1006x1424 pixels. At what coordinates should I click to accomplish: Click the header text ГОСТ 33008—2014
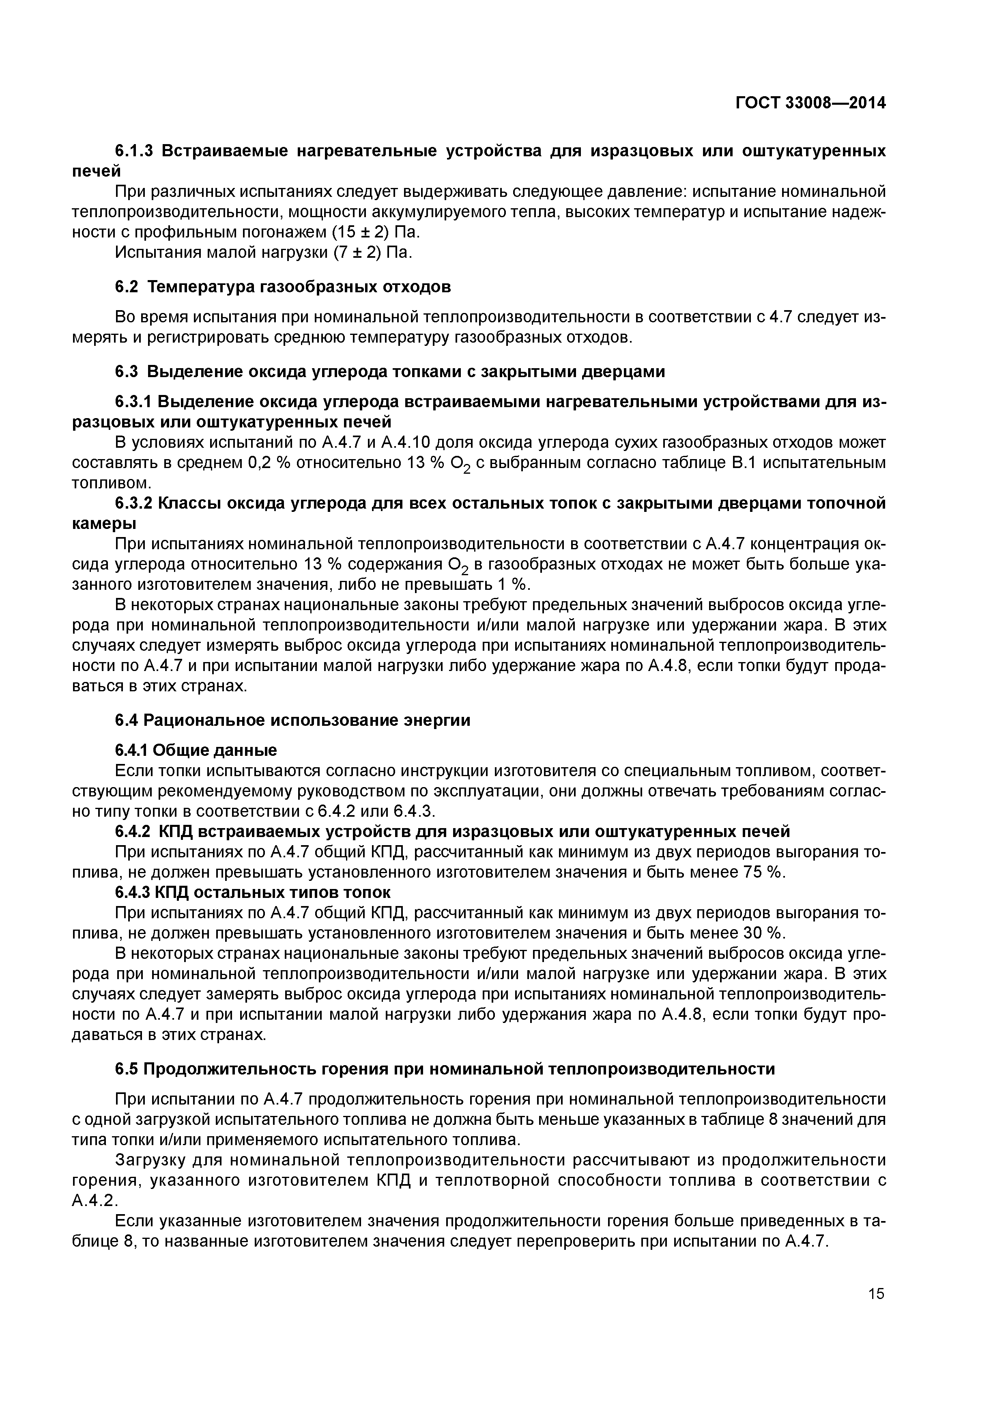coord(810,103)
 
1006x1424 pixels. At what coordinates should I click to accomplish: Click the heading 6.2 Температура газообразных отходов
coord(283,287)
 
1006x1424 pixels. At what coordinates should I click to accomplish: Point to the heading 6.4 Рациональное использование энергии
coord(292,720)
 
